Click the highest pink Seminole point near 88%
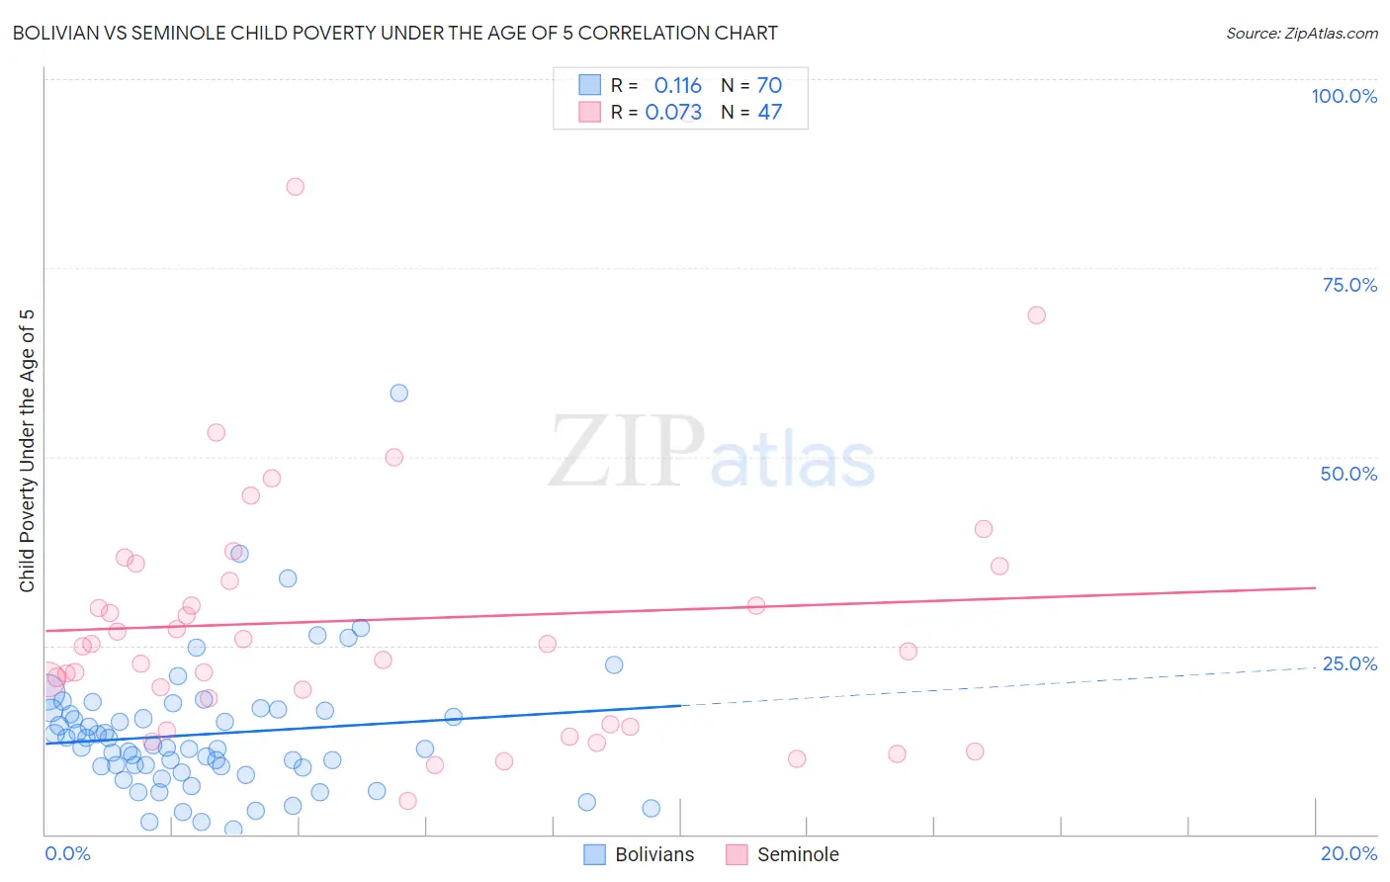pyautogui.click(x=295, y=187)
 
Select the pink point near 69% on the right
pyautogui.click(x=1036, y=315)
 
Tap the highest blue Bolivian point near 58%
pyautogui.click(x=398, y=393)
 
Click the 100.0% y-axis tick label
pyautogui.click(x=1344, y=96)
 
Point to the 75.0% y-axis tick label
pyautogui.click(x=1349, y=285)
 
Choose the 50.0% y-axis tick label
pyautogui.click(x=1348, y=474)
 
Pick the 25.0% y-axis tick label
pyautogui.click(x=1349, y=663)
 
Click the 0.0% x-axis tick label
pyautogui.click(x=67, y=853)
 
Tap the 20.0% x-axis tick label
pyautogui.click(x=1348, y=853)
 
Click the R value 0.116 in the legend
pyautogui.click(x=677, y=86)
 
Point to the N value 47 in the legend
pyautogui.click(x=769, y=113)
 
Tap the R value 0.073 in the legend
pyautogui.click(x=673, y=113)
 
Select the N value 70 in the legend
pyautogui.click(x=769, y=86)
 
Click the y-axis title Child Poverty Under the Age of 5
pyautogui.click(x=28, y=451)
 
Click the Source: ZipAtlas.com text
pyautogui.click(x=1301, y=34)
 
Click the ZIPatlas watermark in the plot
pyautogui.click(x=712, y=453)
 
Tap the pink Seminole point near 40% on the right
pyautogui.click(x=983, y=529)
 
